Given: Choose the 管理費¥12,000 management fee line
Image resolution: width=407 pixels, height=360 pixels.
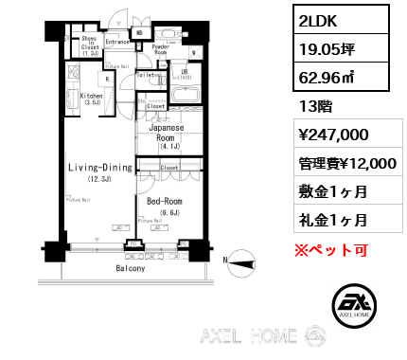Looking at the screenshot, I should [x=342, y=163].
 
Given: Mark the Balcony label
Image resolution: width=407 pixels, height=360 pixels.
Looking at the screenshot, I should [x=131, y=268].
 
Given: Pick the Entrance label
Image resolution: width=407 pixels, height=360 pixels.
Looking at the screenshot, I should [x=117, y=43].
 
